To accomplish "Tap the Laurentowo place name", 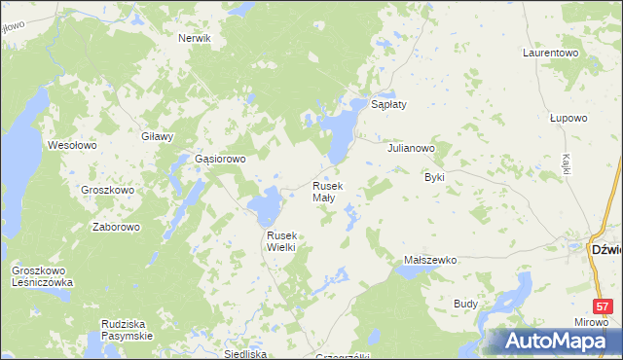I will pyautogui.click(x=551, y=52).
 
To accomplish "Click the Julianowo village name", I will pyautogui.click(x=411, y=149).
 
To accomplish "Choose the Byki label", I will pyautogui.click(x=434, y=178).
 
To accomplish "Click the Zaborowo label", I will pyautogui.click(x=116, y=227).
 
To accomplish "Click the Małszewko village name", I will pyautogui.click(x=430, y=261).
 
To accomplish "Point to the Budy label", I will pyautogui.click(x=465, y=304).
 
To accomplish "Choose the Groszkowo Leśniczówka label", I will pyautogui.click(x=42, y=276).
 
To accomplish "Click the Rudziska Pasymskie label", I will pyautogui.click(x=128, y=329).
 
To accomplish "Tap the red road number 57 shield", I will pyautogui.click(x=604, y=306).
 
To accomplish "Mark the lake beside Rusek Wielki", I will pyautogui.click(x=265, y=206).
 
